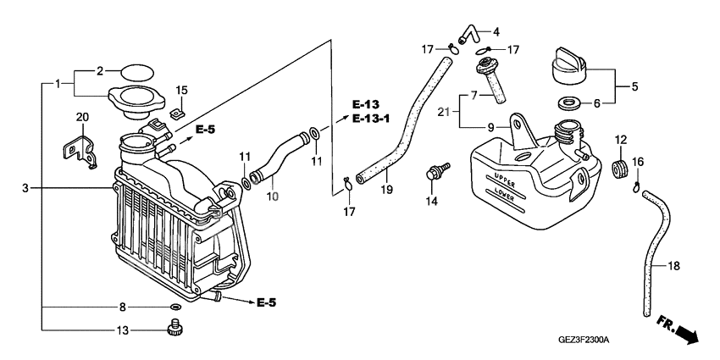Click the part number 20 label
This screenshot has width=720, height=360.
tap(82, 117)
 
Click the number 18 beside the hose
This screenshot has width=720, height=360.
tap(674, 266)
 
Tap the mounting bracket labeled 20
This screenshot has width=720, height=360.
tap(80, 146)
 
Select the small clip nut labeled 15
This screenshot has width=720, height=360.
tap(179, 110)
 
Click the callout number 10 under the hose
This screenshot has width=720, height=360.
tap(272, 197)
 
